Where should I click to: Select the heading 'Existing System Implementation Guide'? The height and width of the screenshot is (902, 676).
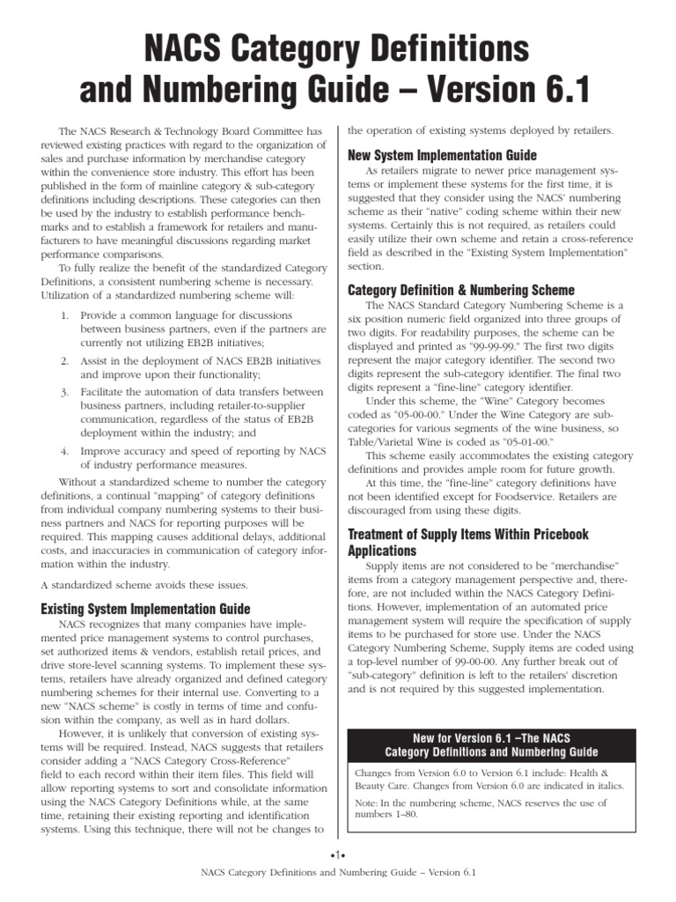click(x=146, y=609)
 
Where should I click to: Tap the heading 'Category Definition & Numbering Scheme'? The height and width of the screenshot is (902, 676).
click(x=461, y=290)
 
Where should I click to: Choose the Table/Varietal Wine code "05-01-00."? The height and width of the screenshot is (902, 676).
click(x=526, y=441)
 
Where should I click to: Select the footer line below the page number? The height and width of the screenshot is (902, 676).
click(x=337, y=872)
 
